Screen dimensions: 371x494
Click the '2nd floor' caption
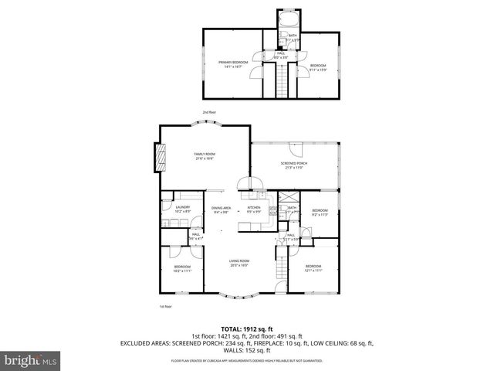tap(208, 113)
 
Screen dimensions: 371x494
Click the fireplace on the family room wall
tap(161, 159)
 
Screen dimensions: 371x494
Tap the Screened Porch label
tap(293, 167)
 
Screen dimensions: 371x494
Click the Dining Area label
tap(222, 209)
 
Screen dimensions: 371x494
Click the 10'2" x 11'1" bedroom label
tap(182, 268)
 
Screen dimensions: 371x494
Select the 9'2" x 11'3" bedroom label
tap(320, 213)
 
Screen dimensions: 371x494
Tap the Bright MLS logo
tap(31, 360)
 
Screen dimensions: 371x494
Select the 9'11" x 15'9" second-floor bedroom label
tap(318, 67)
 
